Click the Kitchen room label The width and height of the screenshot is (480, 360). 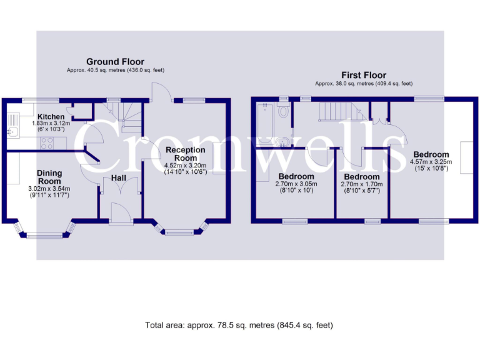coord(51,117)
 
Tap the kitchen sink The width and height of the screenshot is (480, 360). coord(11,131)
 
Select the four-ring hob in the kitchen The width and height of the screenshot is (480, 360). coord(46,142)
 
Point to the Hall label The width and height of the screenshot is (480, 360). coord(119,178)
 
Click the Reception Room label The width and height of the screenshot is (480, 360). coord(185,154)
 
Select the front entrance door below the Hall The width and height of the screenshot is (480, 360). coord(120,212)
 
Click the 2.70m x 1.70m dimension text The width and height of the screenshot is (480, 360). coord(360,184)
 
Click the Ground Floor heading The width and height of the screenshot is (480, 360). coord(115,62)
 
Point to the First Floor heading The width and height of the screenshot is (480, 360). coord(363,75)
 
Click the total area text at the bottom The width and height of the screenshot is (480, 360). coord(239,325)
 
